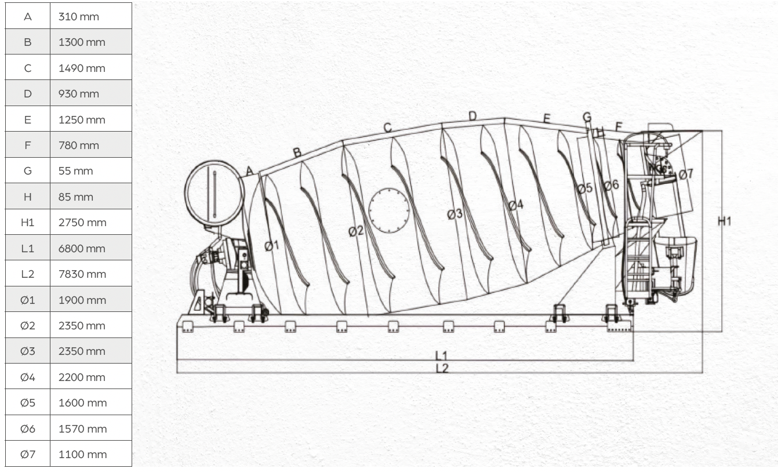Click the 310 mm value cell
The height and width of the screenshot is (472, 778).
pyautogui.click(x=91, y=16)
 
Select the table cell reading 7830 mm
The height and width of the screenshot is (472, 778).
pyautogui.click(x=91, y=274)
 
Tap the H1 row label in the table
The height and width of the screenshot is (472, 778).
pyautogui.click(x=28, y=222)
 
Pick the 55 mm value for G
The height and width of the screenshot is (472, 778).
pyautogui.click(x=91, y=170)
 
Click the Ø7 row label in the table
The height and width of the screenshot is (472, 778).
pyautogui.click(x=28, y=454)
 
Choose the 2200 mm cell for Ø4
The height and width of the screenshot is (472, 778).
pyautogui.click(x=91, y=377)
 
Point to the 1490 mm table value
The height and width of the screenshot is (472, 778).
pyautogui.click(x=91, y=68)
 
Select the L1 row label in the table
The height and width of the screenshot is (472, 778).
pyautogui.click(x=28, y=248)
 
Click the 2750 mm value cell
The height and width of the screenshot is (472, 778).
pyautogui.click(x=91, y=222)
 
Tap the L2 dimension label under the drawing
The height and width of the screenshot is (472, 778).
pyautogui.click(x=442, y=368)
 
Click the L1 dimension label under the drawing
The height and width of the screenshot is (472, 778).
pyautogui.click(x=441, y=355)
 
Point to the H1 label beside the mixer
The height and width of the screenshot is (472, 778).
pyautogui.click(x=725, y=222)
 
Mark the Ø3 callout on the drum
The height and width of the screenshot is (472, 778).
pyautogui.click(x=455, y=214)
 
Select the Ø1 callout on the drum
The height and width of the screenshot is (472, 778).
pyautogui.click(x=272, y=245)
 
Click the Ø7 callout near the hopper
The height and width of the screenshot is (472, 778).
pyautogui.click(x=686, y=174)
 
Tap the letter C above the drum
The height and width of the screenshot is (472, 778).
pyautogui.click(x=388, y=128)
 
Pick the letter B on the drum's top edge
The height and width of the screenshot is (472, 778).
pyautogui.click(x=297, y=153)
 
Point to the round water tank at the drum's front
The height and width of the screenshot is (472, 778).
pyautogui.click(x=215, y=193)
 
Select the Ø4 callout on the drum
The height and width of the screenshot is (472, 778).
pyautogui.click(x=516, y=205)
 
